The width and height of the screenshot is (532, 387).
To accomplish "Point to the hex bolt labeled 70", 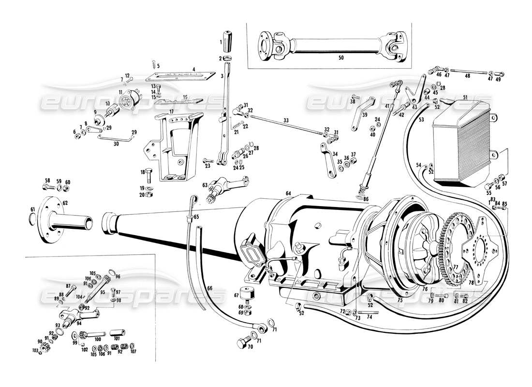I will click(242, 344).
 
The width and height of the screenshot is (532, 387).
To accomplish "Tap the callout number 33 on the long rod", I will click(286, 120).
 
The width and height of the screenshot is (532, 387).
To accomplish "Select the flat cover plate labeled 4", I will click(180, 75).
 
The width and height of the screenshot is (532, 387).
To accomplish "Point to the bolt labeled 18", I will click(149, 172).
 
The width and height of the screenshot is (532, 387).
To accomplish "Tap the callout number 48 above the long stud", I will click(467, 76).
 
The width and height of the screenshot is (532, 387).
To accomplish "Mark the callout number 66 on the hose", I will click(209, 288).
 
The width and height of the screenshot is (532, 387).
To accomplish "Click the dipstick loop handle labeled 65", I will click(193, 199).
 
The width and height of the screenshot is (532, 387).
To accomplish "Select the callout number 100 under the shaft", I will click(97, 340).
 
